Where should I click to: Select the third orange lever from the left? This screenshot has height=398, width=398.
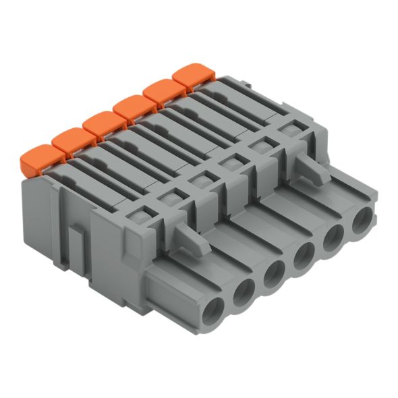point(103,124)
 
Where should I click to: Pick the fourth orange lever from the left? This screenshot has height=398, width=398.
point(134,108)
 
